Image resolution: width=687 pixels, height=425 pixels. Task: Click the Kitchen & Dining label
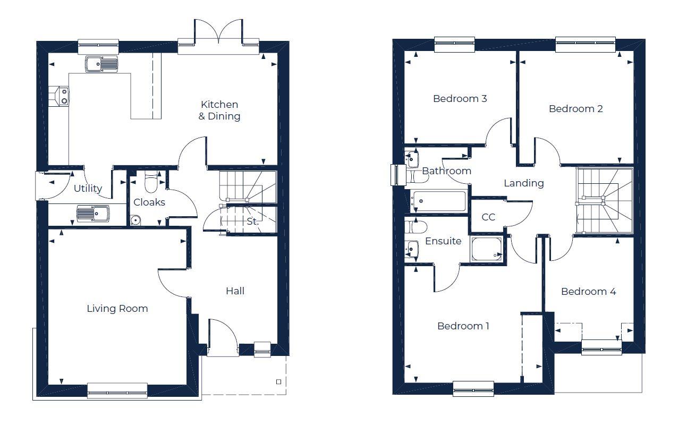click(x=219, y=110)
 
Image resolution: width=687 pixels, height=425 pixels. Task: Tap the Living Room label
click(x=117, y=309)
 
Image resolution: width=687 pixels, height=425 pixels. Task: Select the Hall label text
click(x=235, y=291)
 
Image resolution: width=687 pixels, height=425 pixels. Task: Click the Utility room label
click(x=88, y=189)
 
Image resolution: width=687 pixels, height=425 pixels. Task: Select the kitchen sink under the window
click(x=101, y=64)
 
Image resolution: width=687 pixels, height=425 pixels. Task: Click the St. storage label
click(x=253, y=222)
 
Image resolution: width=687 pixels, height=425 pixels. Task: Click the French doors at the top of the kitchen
click(x=218, y=33)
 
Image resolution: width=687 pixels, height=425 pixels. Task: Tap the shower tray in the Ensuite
click(x=487, y=250)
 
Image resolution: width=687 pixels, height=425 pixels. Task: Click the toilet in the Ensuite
click(x=415, y=227)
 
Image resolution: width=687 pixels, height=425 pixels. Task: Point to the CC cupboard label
click(x=488, y=217)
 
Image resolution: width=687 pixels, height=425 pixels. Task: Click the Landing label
click(x=523, y=183)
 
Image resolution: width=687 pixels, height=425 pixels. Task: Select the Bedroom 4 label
click(x=588, y=292)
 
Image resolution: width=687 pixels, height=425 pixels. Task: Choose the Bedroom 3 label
click(x=460, y=99)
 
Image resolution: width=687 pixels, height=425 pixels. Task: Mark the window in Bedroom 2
click(x=586, y=45)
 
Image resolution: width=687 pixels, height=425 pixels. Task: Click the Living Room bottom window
click(x=117, y=391)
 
